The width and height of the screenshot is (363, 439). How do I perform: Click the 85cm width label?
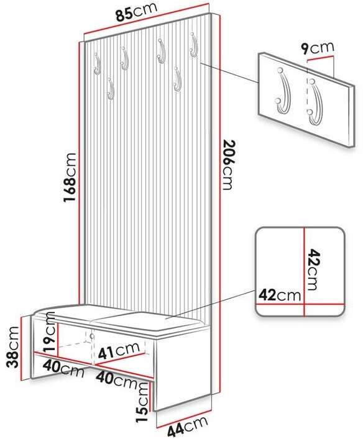point(137,12)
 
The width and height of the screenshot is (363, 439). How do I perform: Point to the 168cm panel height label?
point(70,177)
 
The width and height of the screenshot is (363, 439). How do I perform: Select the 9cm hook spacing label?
point(318,48)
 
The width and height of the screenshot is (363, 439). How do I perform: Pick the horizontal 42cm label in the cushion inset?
point(280,295)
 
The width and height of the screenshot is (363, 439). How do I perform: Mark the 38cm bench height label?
point(13,347)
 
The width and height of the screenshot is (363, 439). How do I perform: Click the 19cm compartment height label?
point(50,333)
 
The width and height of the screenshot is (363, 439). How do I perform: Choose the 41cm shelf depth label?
point(119,350)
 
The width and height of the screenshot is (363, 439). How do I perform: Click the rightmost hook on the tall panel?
point(193,45)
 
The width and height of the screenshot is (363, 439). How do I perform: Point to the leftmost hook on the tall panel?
point(97,63)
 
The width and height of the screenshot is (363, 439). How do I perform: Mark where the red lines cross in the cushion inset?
point(305,304)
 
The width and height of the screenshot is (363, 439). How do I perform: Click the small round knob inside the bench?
point(91,336)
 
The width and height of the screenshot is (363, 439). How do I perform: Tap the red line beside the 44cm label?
point(183,419)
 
